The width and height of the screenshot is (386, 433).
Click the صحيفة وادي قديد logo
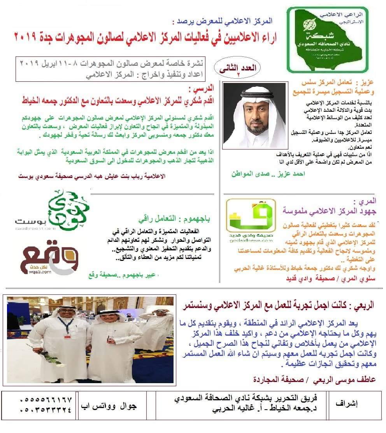[251, 220]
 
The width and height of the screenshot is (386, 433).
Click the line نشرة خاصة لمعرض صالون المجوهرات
[111, 63]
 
